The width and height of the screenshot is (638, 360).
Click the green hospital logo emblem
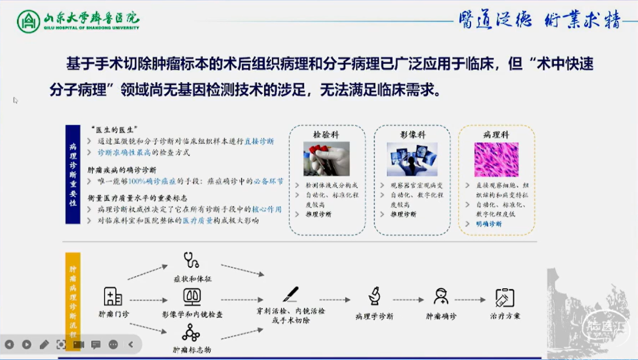point(28,21)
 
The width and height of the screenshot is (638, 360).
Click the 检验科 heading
point(326,135)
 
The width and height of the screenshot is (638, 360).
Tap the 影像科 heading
point(412,135)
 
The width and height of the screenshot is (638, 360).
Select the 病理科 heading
point(496,135)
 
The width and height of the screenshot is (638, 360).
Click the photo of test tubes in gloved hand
point(326,159)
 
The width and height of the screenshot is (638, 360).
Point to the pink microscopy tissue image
point(496,160)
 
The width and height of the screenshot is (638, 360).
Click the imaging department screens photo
point(412,159)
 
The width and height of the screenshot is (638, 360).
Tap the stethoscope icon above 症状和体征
point(191,260)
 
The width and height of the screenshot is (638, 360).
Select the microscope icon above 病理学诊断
point(374,296)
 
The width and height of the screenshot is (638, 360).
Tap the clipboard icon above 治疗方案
point(504,298)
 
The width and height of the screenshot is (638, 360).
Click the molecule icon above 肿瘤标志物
point(191,333)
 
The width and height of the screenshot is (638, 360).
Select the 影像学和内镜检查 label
point(192,315)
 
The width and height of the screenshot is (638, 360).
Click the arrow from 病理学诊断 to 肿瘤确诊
point(408,300)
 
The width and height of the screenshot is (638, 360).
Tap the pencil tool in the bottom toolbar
point(44,344)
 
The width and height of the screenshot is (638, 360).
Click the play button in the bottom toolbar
point(26,344)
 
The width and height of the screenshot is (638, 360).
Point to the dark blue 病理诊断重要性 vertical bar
point(73,174)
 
